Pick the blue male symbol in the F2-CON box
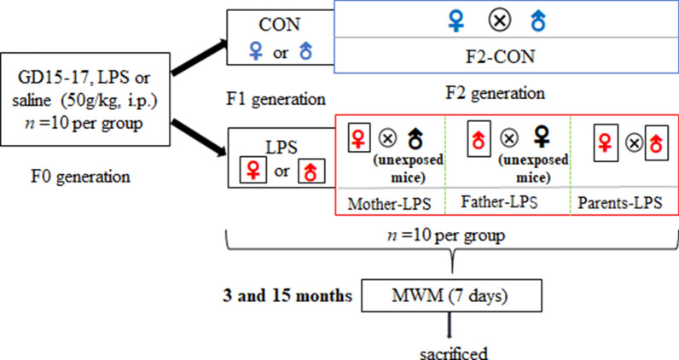(x=538, y=19)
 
